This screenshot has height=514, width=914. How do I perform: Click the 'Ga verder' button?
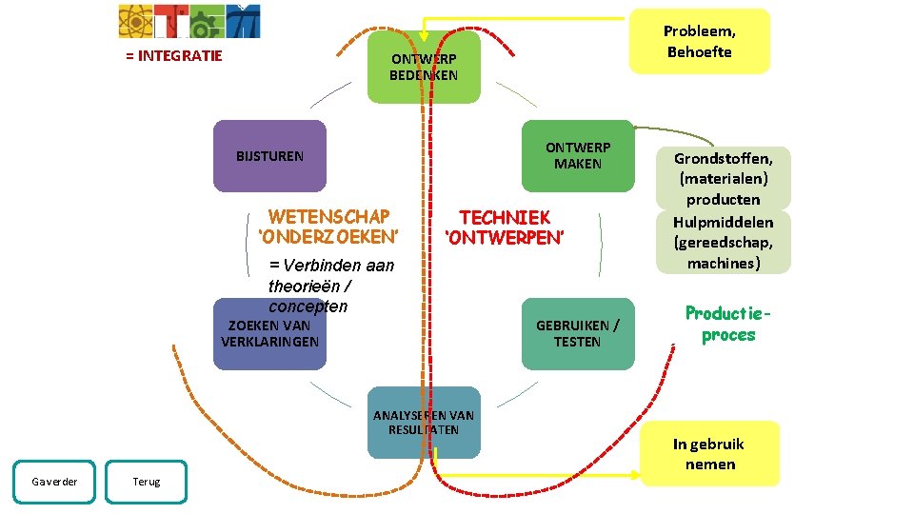click(x=53, y=482)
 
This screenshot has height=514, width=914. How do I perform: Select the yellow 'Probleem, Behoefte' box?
click(x=700, y=41)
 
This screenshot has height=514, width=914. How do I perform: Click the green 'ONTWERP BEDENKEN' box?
click(x=424, y=67)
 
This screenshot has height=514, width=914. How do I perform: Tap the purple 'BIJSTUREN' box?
click(x=269, y=156)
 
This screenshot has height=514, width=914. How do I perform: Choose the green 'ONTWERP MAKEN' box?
click(x=577, y=156)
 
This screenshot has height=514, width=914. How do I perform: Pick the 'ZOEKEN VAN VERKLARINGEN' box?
click(x=269, y=334)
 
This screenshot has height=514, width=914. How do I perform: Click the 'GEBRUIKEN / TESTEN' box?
click(x=577, y=334)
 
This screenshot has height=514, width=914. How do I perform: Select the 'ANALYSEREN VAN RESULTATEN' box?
click(x=424, y=423)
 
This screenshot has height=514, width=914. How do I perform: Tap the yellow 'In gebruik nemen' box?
click(x=709, y=454)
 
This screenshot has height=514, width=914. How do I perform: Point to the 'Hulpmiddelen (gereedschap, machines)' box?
click(x=724, y=242)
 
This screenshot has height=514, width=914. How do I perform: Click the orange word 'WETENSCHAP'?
click(x=328, y=216)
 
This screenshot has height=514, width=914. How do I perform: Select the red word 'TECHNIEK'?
click(x=505, y=217)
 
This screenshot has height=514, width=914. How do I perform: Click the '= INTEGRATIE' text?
click(x=174, y=55)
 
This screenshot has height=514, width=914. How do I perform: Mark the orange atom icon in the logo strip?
click(x=134, y=20)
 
